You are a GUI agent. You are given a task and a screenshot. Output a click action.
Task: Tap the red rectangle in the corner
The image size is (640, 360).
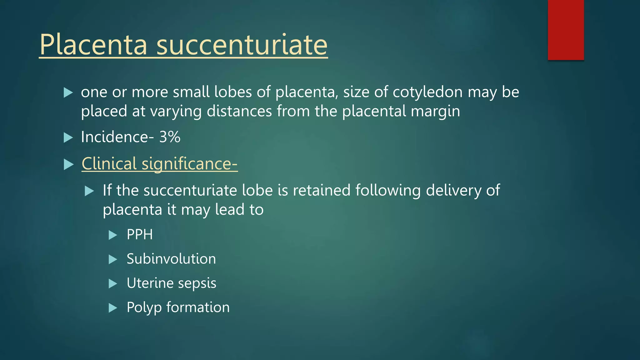pyautogui.click(x=566, y=30)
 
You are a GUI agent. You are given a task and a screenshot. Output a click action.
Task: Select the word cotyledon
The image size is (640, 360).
pyautogui.click(x=427, y=92)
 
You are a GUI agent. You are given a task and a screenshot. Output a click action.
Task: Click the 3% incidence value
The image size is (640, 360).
pyautogui.click(x=170, y=137)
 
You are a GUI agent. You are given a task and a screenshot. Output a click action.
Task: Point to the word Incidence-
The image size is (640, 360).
pyautogui.click(x=117, y=137)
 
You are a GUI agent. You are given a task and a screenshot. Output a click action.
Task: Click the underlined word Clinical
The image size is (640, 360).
pyautogui.click(x=109, y=163)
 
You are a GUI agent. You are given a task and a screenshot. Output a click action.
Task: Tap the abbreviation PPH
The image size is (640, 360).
pyautogui.click(x=140, y=234)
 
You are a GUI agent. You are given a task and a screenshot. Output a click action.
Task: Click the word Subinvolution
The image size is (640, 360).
pyautogui.click(x=171, y=259)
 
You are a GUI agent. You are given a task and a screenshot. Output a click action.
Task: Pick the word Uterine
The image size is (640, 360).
pyautogui.click(x=150, y=283)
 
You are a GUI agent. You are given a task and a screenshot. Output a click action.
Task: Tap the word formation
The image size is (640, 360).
pyautogui.click(x=198, y=307)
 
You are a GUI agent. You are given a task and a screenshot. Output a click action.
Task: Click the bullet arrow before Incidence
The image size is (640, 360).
pyautogui.click(x=68, y=137)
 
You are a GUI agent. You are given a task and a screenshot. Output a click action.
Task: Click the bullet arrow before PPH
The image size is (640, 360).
pyautogui.click(x=112, y=235)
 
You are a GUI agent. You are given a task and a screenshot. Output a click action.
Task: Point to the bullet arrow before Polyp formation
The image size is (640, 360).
pyautogui.click(x=112, y=308)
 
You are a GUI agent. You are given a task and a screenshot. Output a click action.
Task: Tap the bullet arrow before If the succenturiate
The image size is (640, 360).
pyautogui.click(x=89, y=191)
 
